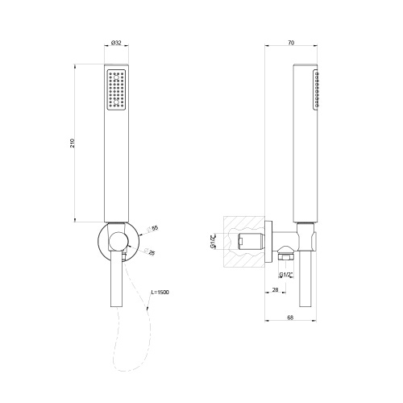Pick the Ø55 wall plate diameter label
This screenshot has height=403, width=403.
[x=155, y=230]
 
